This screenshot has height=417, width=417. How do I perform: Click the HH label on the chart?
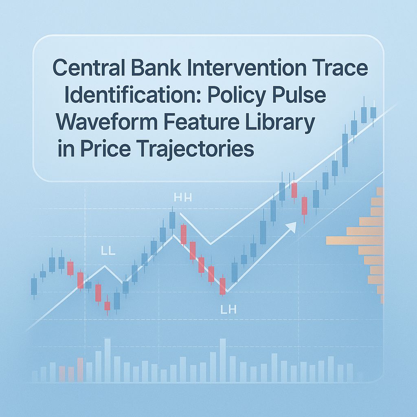point(182,198)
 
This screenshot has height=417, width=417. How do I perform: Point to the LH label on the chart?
point(228,310)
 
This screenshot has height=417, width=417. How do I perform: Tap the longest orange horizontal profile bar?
point(354,241)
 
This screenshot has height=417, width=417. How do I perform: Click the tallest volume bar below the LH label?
point(223,360)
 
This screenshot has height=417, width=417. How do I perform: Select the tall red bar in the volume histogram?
point(80,369)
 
